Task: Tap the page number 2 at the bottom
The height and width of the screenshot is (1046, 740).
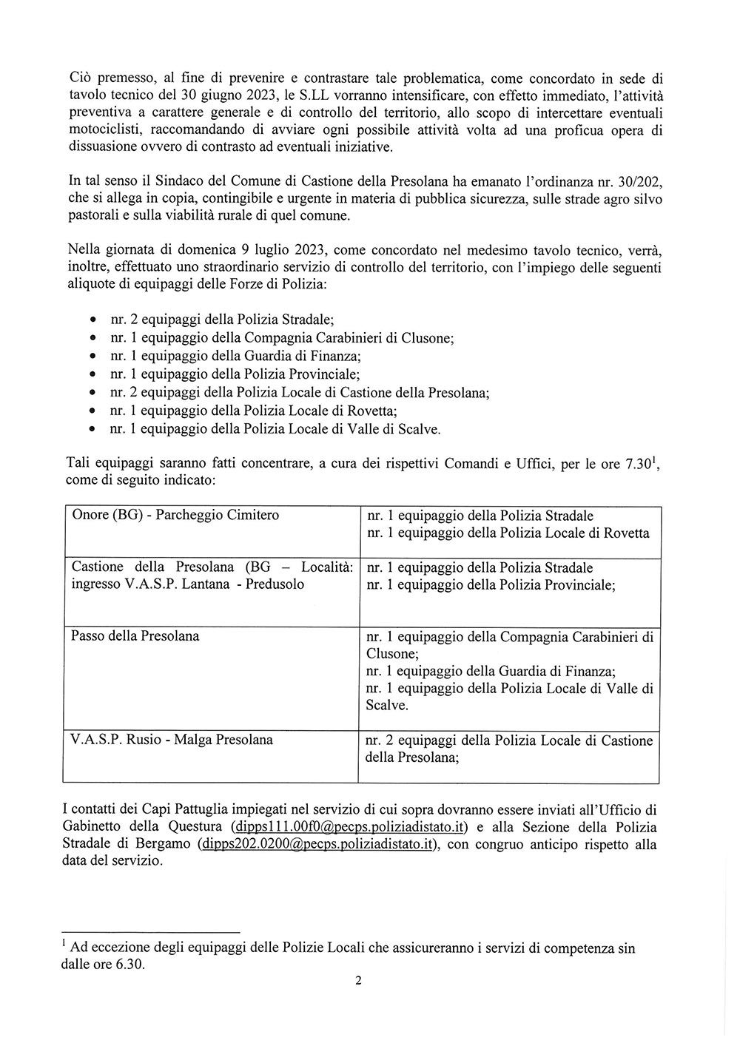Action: pyautogui.click(x=358, y=982)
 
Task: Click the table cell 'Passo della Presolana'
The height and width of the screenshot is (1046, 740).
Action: pyautogui.click(x=135, y=636)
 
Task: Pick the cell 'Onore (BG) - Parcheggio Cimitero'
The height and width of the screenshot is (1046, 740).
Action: pyautogui.click(x=175, y=516)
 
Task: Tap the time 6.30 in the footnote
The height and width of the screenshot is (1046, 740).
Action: pyautogui.click(x=126, y=965)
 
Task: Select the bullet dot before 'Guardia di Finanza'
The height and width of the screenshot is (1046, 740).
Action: pyautogui.click(x=92, y=357)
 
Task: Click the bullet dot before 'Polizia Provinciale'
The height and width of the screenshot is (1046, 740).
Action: pyautogui.click(x=92, y=375)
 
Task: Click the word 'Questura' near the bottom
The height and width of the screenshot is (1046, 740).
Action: pyautogui.click(x=198, y=826)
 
